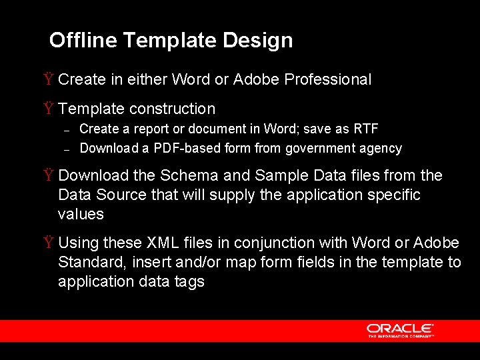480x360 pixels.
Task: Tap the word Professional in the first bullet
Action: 328,80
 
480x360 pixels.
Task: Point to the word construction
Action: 173,109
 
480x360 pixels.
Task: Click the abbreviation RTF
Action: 366,129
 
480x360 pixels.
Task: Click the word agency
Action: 382,149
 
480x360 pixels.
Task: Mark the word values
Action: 81,215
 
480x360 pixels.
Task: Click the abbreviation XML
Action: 162,243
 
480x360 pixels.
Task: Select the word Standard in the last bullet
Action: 87,263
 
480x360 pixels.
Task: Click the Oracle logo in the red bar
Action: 399,330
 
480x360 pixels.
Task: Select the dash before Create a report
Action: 67,129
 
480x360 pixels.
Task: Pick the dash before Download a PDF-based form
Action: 67,149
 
